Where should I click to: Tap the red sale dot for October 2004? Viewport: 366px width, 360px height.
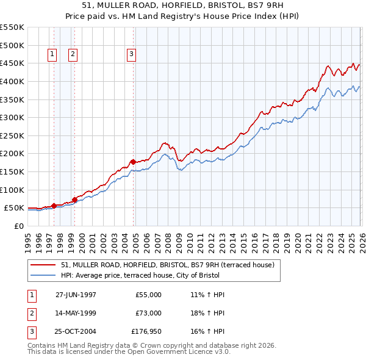133,162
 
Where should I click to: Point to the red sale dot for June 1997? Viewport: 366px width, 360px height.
54,206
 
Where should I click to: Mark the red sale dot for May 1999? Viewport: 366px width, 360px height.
74,200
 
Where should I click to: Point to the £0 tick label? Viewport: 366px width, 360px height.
18,226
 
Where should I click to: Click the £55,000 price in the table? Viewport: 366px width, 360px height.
148,295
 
